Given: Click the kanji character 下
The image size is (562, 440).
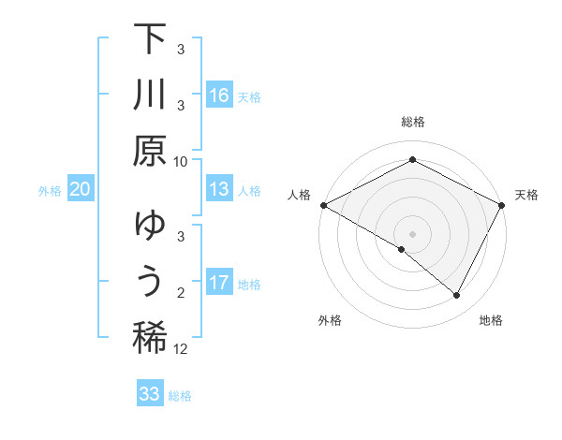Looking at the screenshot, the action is click(x=150, y=40).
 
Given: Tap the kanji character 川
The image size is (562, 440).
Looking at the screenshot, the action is click(x=150, y=95).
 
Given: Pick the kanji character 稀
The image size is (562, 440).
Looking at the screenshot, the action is click(x=150, y=337).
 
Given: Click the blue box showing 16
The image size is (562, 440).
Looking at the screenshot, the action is click(x=219, y=95).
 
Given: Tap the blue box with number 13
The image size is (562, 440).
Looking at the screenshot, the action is click(x=219, y=189).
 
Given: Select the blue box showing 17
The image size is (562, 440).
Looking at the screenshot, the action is click(x=219, y=283).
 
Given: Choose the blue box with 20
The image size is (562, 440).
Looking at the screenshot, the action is click(x=80, y=189).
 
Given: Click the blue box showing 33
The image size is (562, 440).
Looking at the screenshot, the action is click(x=150, y=394).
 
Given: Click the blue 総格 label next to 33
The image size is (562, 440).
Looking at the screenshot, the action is click(x=180, y=396).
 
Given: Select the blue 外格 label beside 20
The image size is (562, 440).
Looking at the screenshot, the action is click(x=50, y=191).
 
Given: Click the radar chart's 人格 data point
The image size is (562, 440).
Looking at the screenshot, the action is click(x=323, y=205).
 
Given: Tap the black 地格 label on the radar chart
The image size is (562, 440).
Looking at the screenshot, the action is click(x=491, y=321).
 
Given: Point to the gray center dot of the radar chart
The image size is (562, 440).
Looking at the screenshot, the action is click(x=412, y=233).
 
